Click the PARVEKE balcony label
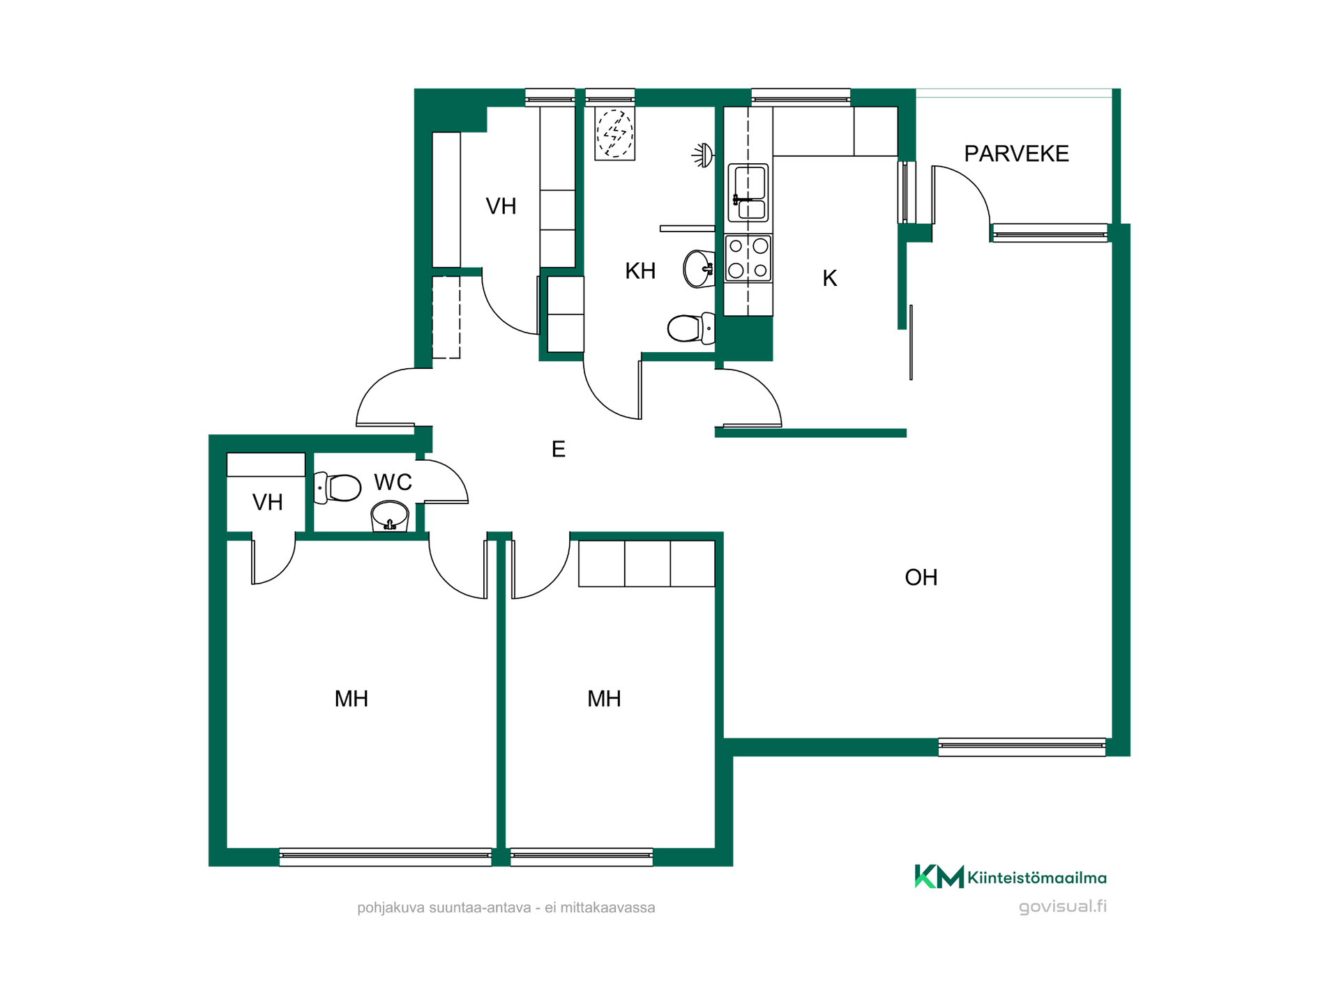[x=1016, y=154]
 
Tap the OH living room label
[x=921, y=577]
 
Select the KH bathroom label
[x=640, y=271]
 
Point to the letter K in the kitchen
[x=829, y=278]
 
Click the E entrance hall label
[x=558, y=449]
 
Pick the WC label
[x=393, y=482]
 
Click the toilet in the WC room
[x=338, y=488]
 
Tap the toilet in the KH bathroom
[x=691, y=328]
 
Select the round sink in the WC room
[x=390, y=516]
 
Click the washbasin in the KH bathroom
[x=699, y=269]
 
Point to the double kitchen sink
[x=748, y=193]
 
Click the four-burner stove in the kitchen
[x=748, y=258]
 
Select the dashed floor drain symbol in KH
[x=615, y=133]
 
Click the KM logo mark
[x=939, y=876]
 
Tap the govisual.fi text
[x=1062, y=906]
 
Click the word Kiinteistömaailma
[x=1037, y=878]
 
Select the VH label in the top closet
[x=501, y=206]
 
